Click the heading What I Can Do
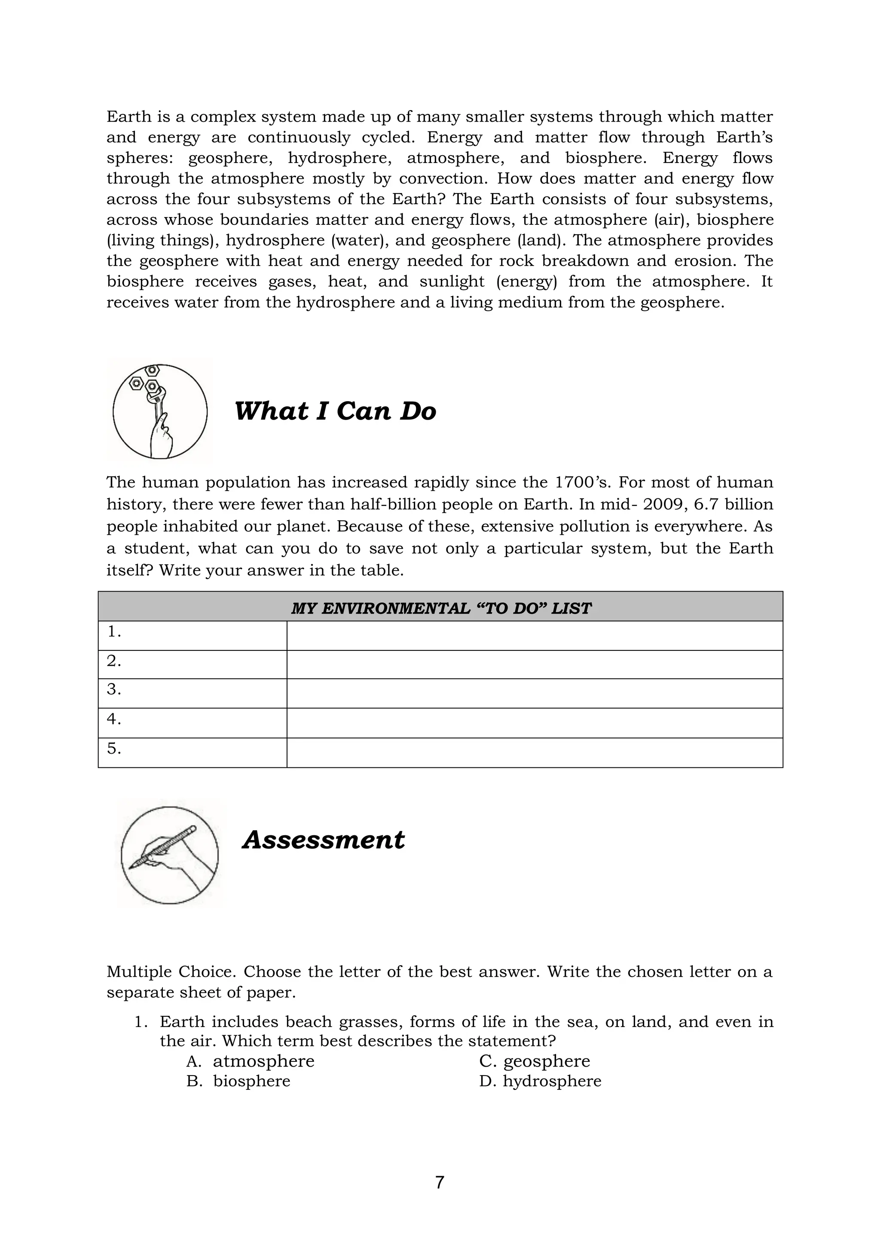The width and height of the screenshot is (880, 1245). (334, 411)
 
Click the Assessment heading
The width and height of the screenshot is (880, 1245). (324, 840)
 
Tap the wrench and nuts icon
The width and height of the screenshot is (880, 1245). (160, 411)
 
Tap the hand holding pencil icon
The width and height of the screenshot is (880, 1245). (170, 855)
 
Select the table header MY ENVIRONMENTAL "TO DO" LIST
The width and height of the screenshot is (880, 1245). (440, 608)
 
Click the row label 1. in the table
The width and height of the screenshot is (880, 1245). (114, 632)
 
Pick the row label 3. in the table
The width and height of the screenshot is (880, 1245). (114, 690)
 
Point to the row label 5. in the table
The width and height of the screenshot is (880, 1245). (114, 749)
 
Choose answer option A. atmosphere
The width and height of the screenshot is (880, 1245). (251, 1061)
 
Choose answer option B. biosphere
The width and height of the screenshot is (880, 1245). (238, 1081)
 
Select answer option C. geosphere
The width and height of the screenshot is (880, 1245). (534, 1061)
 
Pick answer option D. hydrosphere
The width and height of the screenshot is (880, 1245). (540, 1081)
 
